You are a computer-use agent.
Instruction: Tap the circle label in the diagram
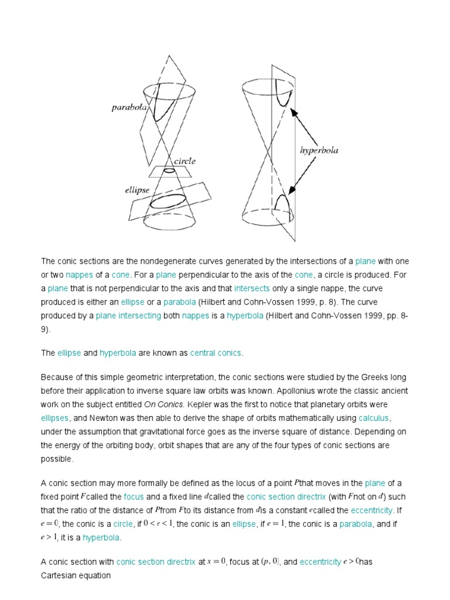184,161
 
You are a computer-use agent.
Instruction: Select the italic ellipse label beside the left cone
137,189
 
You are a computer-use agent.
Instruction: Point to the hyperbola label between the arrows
319,150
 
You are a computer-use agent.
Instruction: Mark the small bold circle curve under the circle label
169,171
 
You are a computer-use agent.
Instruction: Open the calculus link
374,418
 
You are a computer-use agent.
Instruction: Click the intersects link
252,288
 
